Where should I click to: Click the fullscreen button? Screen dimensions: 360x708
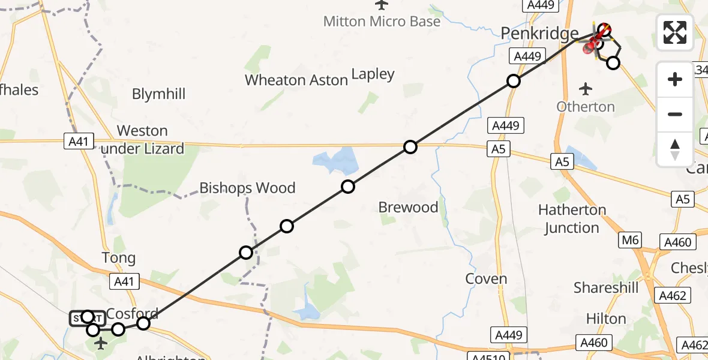tap(675, 32)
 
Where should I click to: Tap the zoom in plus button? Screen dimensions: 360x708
tap(675, 79)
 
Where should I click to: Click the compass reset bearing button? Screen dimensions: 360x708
tap(675, 149)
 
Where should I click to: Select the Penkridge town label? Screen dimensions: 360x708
tap(539, 34)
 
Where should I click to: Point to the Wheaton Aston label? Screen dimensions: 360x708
tap(296, 80)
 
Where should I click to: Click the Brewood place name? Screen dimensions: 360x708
tap(408, 208)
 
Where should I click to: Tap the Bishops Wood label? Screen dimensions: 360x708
tap(247, 188)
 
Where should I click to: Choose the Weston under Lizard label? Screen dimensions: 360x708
tap(142, 140)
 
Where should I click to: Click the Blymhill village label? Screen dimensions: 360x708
tap(158, 94)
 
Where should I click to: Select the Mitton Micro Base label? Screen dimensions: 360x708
tap(382, 22)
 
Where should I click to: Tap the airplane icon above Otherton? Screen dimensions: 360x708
tap(586, 89)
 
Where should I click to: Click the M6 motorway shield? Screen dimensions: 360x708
tap(631, 241)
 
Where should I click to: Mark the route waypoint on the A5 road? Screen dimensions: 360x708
tap(410, 146)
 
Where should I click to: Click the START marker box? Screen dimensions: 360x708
tap(87, 318)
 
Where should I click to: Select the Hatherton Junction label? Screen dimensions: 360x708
tap(572, 219)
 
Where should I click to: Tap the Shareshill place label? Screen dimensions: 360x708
tap(606, 288)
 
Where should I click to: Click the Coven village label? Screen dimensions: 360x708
tap(486, 279)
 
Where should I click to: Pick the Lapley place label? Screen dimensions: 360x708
tap(373, 74)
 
